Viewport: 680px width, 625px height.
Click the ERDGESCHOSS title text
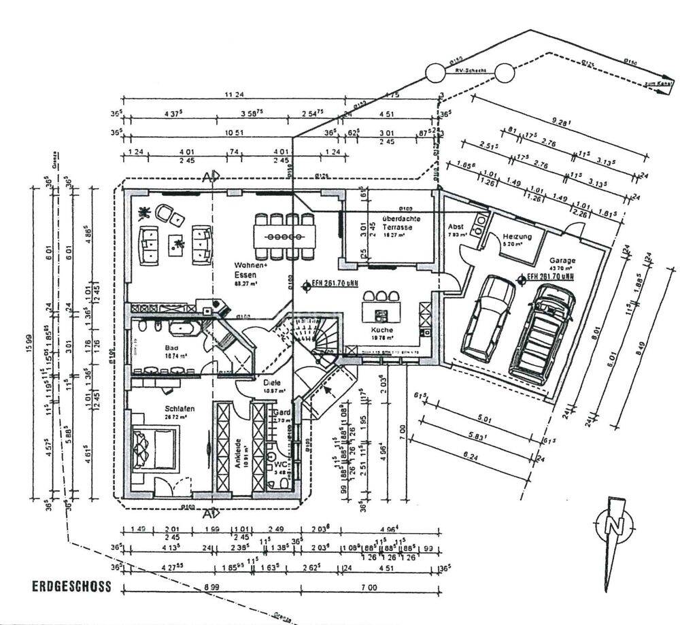tap(71, 587)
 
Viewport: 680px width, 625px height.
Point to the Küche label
tap(381, 330)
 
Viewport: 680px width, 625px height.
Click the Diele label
tap(272, 382)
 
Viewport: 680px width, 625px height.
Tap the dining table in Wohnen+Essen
tap(286, 236)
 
